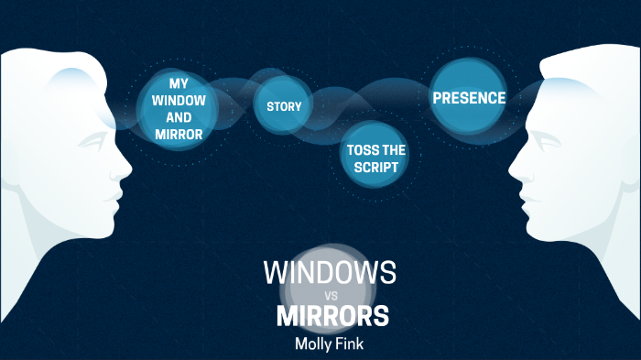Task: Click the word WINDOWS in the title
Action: tap(330, 272)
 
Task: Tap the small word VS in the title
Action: tap(331, 295)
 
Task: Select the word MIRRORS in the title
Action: tap(332, 316)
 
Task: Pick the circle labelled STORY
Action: tap(284, 106)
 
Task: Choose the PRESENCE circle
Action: tap(469, 97)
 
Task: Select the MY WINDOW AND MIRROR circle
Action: tap(179, 109)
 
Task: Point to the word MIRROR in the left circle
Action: tap(179, 135)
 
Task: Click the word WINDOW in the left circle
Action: tap(179, 101)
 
